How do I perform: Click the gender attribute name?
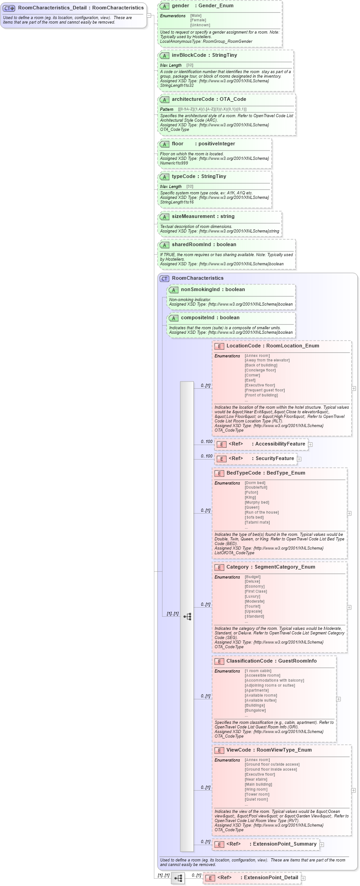click(x=180, y=5)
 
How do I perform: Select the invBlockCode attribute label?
click(x=189, y=55)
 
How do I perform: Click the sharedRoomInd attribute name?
click(x=191, y=244)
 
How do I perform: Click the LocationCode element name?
click(x=243, y=346)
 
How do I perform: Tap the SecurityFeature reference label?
click(x=275, y=458)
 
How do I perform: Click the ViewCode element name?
click(x=238, y=750)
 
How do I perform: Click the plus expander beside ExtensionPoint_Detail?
click(x=303, y=878)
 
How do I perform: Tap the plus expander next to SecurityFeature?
click(x=299, y=459)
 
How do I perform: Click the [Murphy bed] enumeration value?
click(x=256, y=502)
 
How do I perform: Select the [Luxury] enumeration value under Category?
click(x=252, y=596)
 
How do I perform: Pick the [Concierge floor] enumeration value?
click(x=260, y=370)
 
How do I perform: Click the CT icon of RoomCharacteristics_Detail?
click(x=9, y=8)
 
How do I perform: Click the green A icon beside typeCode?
click(x=164, y=177)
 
